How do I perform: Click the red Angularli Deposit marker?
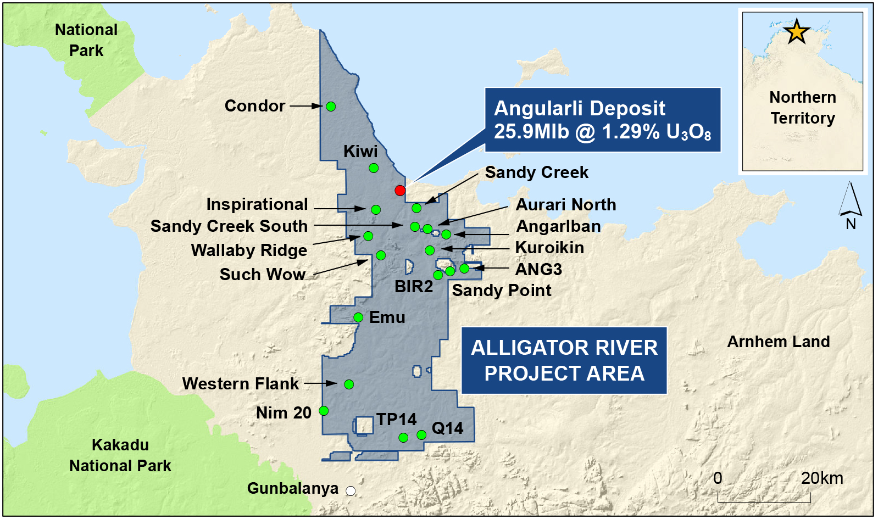(400, 190)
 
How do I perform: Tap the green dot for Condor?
(331, 107)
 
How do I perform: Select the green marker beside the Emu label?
(358, 317)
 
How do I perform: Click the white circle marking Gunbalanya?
(351, 491)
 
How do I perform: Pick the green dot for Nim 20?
(324, 411)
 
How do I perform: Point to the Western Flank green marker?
(349, 384)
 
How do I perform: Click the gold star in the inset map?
(797, 31)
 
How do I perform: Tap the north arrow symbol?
(850, 200)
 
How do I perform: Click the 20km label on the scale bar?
(821, 478)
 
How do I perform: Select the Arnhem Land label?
(778, 342)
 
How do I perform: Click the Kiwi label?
(360, 152)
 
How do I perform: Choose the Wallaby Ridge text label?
(249, 250)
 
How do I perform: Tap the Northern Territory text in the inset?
(803, 108)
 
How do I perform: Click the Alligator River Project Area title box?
(564, 360)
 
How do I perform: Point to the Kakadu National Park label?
(120, 455)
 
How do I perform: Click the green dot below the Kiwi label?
(374, 168)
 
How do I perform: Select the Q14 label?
(447, 428)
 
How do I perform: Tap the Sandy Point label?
(502, 291)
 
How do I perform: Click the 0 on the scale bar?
(718, 478)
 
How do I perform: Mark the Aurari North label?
(566, 205)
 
